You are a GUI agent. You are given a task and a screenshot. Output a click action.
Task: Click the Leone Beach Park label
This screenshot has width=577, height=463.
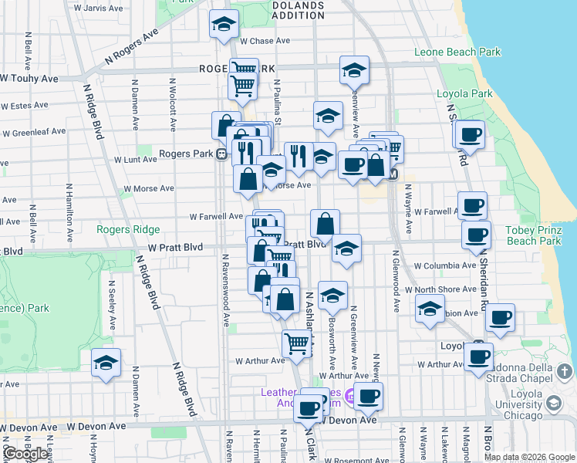457,52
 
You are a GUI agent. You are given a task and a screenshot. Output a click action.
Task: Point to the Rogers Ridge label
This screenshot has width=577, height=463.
128,229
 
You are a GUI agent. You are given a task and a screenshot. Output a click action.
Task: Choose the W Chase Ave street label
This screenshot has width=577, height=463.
265,41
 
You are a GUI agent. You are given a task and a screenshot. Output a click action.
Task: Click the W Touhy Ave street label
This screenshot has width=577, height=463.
29,79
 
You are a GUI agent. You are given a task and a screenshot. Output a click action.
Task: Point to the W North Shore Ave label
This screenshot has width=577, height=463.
444,289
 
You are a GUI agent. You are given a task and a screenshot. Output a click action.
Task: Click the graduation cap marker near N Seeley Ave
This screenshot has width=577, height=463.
106,363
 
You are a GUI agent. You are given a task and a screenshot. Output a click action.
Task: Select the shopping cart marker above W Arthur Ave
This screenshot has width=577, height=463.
296,344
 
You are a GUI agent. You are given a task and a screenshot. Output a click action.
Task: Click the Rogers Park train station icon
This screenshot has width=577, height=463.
221,154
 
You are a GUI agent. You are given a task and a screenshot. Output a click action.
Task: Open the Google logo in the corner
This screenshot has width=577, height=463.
25,454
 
